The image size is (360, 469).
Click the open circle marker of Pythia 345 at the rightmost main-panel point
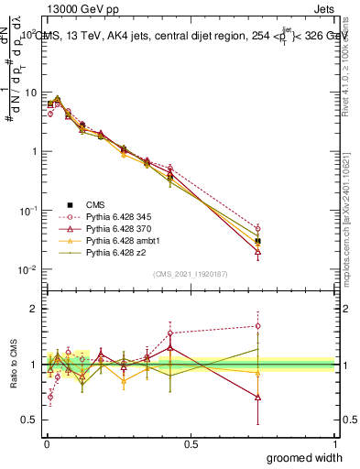point(257,228)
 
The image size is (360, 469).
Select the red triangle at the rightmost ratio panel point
point(257,398)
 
